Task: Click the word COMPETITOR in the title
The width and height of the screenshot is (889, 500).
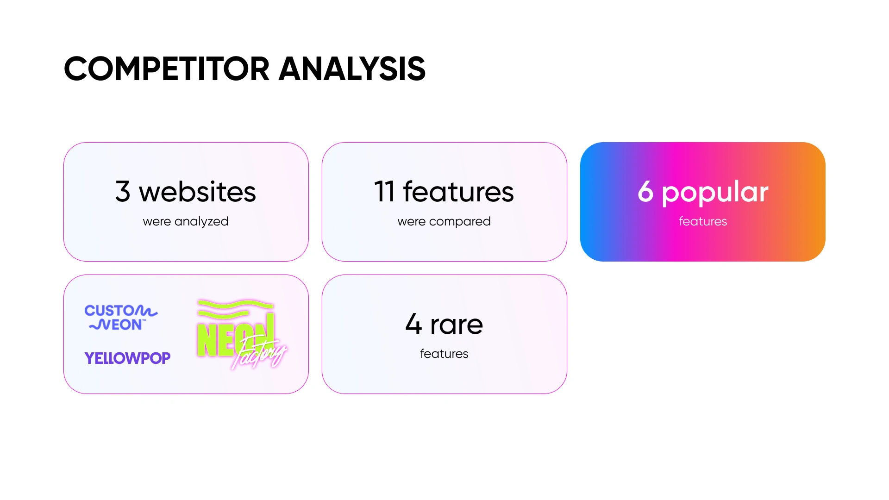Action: (167, 69)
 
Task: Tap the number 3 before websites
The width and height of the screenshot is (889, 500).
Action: (123, 192)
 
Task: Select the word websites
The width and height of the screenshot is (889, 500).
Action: (197, 192)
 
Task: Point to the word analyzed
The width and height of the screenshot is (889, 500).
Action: (201, 222)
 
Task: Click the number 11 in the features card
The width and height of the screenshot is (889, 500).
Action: (384, 192)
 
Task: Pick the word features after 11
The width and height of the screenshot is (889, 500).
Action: (458, 192)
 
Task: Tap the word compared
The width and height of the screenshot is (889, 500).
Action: (460, 222)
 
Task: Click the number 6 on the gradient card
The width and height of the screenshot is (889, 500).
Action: (645, 192)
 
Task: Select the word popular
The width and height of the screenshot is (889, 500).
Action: (715, 193)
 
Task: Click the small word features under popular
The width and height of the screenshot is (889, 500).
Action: (703, 221)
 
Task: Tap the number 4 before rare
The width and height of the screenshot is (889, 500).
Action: (413, 324)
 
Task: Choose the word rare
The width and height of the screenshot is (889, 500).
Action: (457, 325)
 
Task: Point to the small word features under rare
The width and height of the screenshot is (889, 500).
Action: (444, 354)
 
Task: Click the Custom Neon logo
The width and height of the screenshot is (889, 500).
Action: (121, 318)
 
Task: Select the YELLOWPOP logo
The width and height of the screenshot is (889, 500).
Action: (127, 358)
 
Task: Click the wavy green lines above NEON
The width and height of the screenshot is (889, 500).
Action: (235, 309)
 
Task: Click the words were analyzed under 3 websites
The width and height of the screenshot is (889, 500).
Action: (186, 222)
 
